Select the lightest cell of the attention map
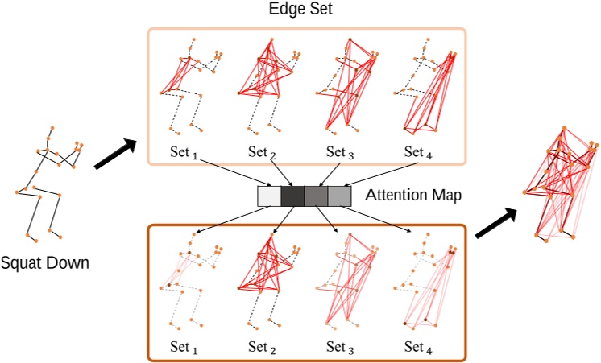[x=268, y=196]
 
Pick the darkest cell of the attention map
[x=292, y=196]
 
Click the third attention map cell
[x=316, y=196]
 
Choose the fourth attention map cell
[x=339, y=196]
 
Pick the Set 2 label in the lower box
[x=263, y=348]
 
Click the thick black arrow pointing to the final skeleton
[x=493, y=225]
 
